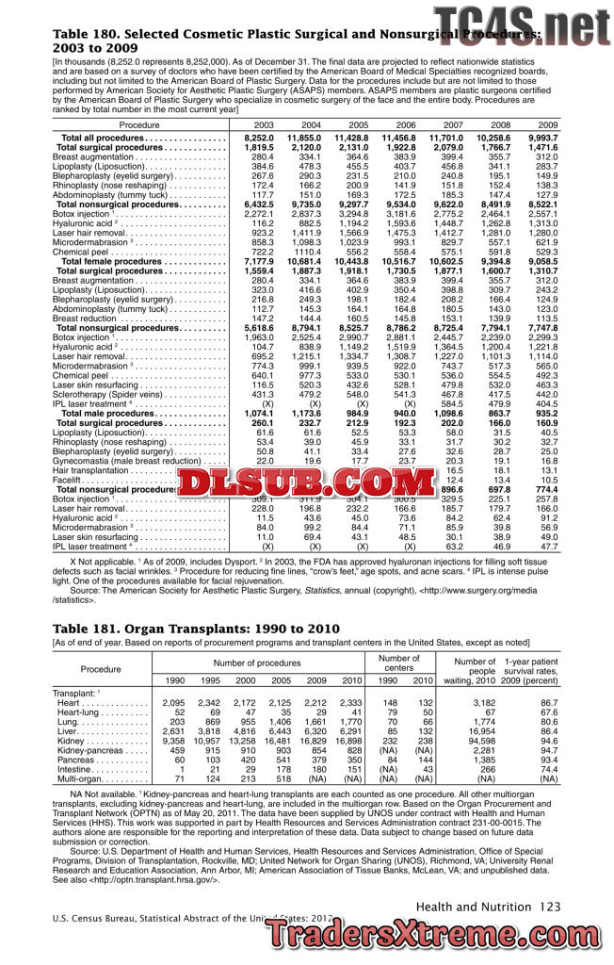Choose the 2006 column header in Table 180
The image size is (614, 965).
[x=406, y=124]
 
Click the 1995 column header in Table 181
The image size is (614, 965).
[x=210, y=679]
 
